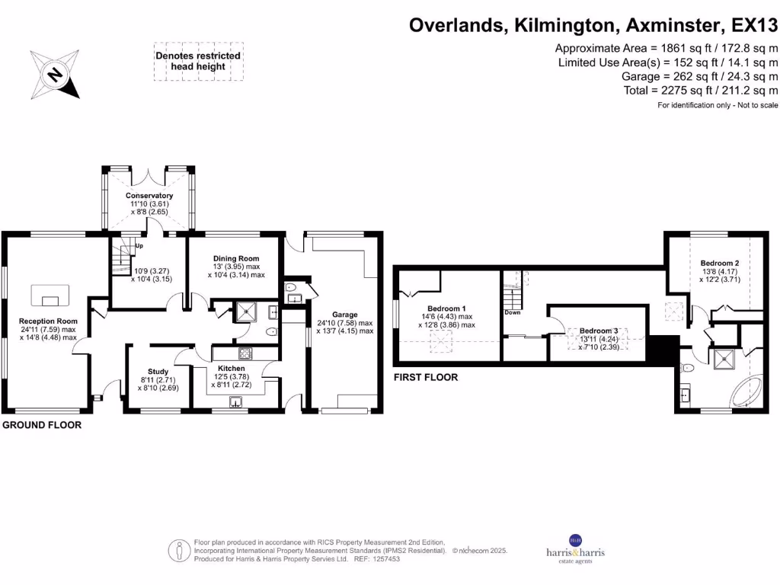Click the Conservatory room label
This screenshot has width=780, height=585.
tap(149, 196)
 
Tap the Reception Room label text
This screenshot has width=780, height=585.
tap(49, 321)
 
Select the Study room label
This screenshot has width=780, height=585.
tap(158, 372)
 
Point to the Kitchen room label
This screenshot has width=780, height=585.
tap(231, 369)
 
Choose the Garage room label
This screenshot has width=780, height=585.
tap(344, 314)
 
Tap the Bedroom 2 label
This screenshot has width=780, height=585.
tap(720, 263)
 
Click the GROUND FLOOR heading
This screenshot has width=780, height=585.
tap(42, 425)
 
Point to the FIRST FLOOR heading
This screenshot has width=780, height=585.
tap(426, 377)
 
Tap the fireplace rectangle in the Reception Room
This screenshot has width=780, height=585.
tap(50, 293)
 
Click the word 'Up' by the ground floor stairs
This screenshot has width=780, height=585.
tap(139, 246)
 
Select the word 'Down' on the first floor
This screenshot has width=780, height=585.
tap(512, 312)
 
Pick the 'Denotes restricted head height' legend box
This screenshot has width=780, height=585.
tap(198, 61)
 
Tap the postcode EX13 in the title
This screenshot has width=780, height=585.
tap(753, 25)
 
